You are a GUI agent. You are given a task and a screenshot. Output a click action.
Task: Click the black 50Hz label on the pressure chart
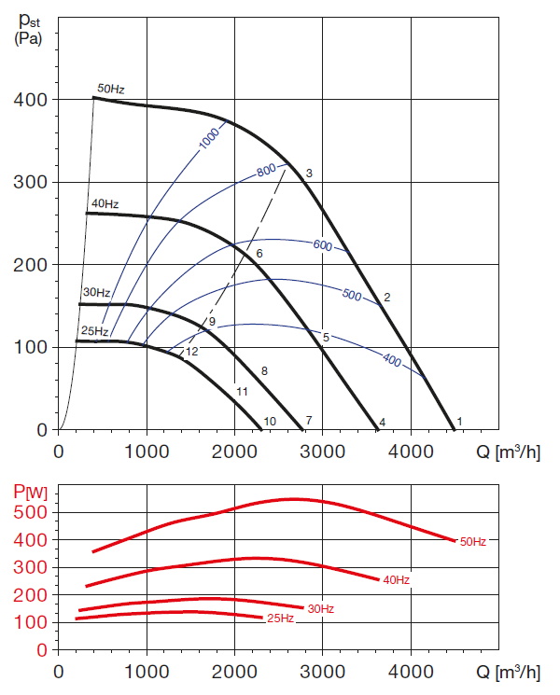[x=111, y=89]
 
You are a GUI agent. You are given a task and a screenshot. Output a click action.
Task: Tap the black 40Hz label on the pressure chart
[x=105, y=203]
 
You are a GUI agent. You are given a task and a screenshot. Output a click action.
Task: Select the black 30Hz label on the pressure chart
[x=97, y=293]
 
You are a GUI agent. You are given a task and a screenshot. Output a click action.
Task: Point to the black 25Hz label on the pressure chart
[x=94, y=330]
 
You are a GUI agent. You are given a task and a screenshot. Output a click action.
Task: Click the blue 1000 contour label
[x=211, y=137]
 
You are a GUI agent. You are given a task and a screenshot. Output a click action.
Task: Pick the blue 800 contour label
[x=268, y=172]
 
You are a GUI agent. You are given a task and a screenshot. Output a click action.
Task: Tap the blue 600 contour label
[x=322, y=245]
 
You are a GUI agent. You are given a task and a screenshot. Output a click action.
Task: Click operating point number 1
[x=459, y=423]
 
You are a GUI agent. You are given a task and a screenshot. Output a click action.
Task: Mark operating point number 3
[x=308, y=174]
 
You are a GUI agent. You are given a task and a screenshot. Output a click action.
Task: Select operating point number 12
[x=192, y=352]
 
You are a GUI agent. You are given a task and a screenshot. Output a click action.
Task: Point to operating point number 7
[x=308, y=422]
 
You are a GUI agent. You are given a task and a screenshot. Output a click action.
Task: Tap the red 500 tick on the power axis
[x=31, y=512]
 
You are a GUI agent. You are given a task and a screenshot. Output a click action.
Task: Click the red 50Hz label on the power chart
[x=472, y=541]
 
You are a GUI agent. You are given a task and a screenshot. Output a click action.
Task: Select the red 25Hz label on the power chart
[x=281, y=619]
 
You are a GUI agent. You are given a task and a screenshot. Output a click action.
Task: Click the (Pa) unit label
[x=28, y=39]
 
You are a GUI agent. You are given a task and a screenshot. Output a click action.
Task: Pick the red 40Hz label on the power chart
[x=395, y=580]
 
